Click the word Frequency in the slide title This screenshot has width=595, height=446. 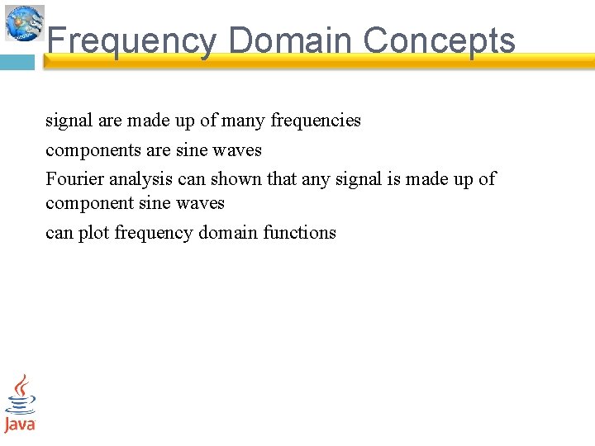coord(131,40)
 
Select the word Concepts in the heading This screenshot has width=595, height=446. coord(439,40)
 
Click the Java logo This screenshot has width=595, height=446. coord(20,403)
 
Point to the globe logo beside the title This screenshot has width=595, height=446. coord(25,22)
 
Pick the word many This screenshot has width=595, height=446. coord(243,121)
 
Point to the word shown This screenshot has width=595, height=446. coord(236,179)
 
